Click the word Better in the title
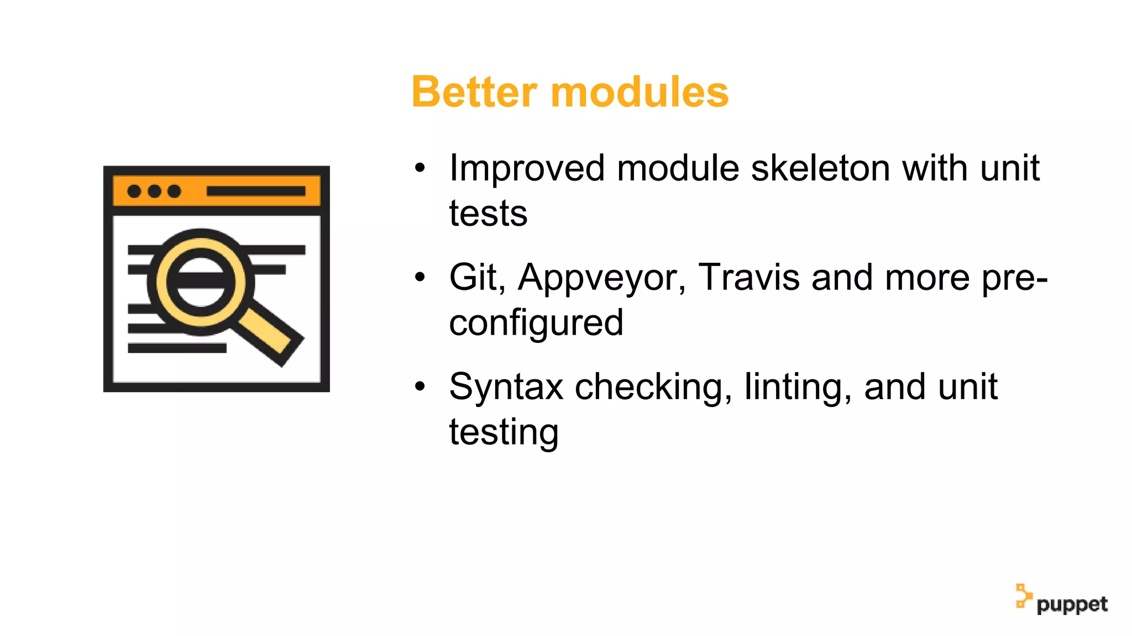(x=474, y=92)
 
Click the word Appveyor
(x=601, y=277)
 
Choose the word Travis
(x=748, y=277)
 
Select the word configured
(x=536, y=322)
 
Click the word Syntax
(x=506, y=386)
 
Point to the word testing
(x=504, y=432)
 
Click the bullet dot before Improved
(x=420, y=168)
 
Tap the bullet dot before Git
(x=420, y=277)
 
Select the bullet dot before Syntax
(x=420, y=386)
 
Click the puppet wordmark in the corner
(x=1072, y=605)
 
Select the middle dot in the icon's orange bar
(x=154, y=191)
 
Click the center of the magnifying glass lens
(x=200, y=282)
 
